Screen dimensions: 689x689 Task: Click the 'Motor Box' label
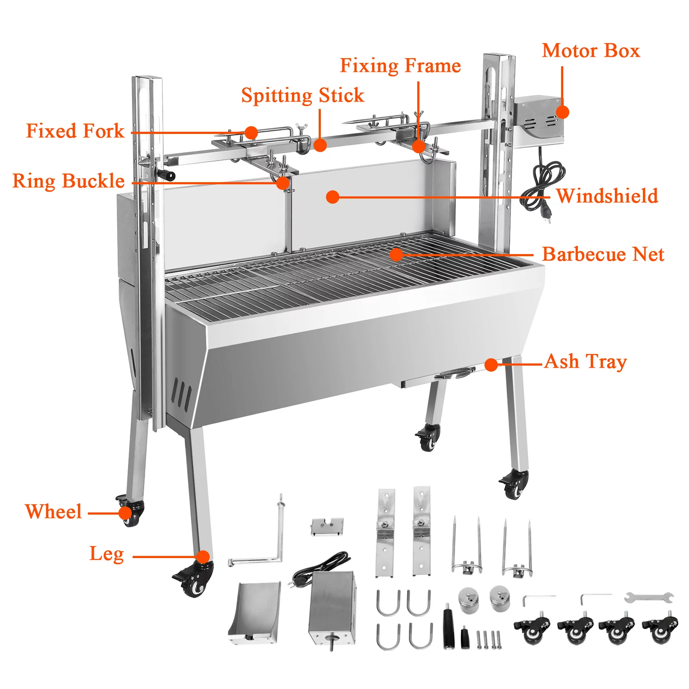(x=591, y=51)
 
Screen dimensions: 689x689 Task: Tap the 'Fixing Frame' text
(x=400, y=66)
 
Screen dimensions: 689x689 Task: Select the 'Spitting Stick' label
(x=303, y=96)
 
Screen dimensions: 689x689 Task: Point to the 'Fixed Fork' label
(x=75, y=131)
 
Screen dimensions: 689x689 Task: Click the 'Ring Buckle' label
(x=68, y=181)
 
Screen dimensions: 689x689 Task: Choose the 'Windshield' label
(x=607, y=196)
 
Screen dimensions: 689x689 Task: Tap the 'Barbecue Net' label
(x=603, y=254)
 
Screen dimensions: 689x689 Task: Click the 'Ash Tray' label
(x=586, y=362)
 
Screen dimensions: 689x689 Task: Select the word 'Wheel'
(x=53, y=512)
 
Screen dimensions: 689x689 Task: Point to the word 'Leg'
(x=107, y=554)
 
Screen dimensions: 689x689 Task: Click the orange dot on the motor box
(x=562, y=112)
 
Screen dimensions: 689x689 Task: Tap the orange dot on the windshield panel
(x=332, y=197)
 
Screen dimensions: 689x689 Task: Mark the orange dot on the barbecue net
(x=396, y=254)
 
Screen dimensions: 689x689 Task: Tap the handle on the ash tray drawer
(x=455, y=373)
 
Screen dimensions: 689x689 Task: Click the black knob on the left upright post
(x=167, y=175)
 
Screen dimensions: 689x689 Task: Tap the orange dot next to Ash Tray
(x=491, y=365)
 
